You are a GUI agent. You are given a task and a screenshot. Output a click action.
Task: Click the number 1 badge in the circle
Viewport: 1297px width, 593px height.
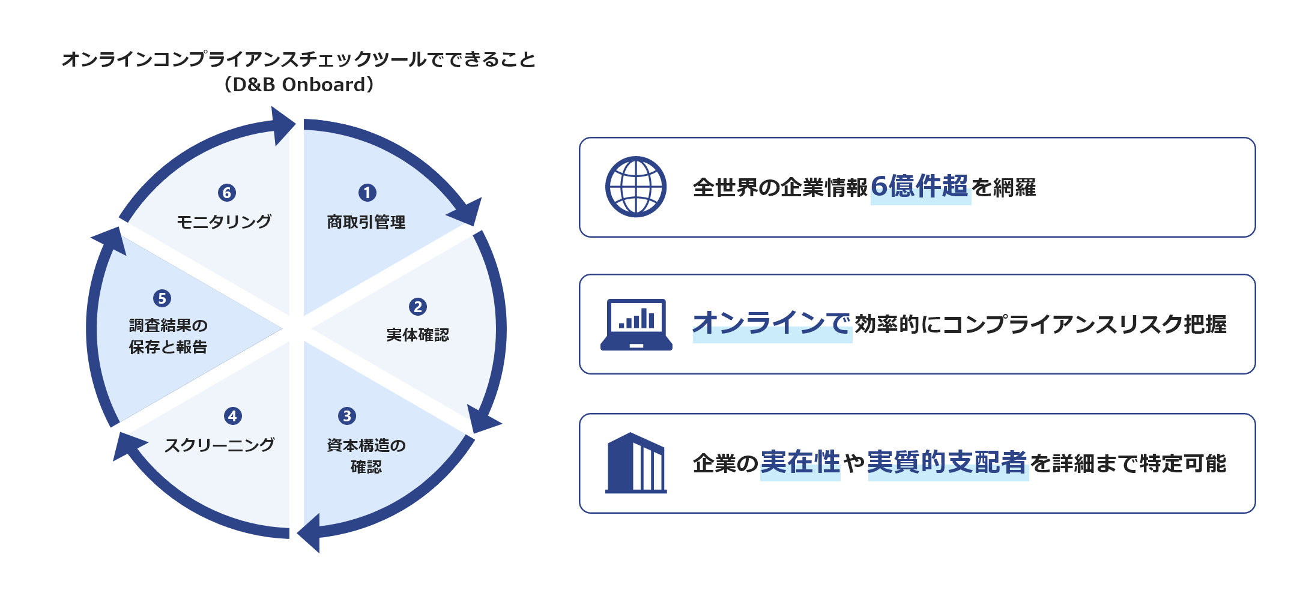point(367,193)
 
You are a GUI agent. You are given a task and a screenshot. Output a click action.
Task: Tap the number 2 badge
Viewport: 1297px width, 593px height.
point(418,307)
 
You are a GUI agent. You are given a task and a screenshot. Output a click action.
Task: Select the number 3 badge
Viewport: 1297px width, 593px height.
point(347,416)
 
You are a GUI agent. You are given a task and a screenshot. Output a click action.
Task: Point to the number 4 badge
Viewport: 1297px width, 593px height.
point(233,416)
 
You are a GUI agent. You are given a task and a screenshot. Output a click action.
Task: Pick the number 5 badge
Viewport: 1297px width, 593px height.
point(162,298)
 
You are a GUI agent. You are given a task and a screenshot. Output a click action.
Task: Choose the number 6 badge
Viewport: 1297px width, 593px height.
point(227,193)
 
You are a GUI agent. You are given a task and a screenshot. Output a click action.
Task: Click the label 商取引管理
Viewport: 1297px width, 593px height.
point(366,222)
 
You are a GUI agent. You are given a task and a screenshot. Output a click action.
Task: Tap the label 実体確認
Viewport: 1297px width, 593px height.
point(418,335)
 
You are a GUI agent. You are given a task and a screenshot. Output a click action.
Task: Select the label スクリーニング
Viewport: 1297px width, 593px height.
point(220,445)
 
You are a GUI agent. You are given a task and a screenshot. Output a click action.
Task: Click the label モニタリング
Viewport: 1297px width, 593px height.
point(224,221)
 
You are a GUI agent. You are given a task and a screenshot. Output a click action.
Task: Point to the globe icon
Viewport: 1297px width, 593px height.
point(636,187)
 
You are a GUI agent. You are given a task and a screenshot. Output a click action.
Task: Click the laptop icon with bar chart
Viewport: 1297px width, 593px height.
point(636,324)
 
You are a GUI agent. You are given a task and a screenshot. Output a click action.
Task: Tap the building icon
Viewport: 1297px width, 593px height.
point(636,463)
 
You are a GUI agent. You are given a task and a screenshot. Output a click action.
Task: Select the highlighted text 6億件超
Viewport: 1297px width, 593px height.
point(920,187)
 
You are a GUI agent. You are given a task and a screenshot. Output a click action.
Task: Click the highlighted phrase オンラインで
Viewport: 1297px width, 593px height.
point(772,324)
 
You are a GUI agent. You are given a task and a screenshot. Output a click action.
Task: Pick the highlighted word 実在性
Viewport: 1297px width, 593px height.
point(800,462)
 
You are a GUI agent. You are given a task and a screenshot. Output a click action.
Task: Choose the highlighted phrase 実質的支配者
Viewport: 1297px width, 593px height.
point(948,462)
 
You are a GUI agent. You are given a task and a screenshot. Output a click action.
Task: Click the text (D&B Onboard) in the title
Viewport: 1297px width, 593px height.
point(299,85)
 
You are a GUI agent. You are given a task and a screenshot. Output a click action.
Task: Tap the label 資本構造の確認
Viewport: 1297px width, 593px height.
point(366,456)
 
